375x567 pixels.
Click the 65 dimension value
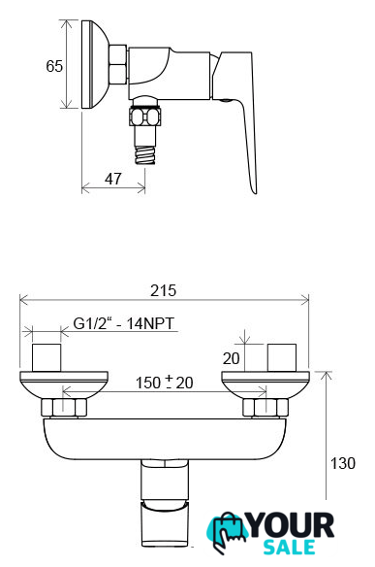coord(54,66)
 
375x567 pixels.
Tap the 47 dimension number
coord(113,179)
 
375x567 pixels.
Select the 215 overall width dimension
coord(164,290)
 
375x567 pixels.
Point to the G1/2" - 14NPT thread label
coord(124,323)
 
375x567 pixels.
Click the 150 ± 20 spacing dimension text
coord(164,383)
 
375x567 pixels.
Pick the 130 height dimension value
coord(343,463)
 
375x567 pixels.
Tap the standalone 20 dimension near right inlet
coord(231,358)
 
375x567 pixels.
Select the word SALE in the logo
coord(289,548)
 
